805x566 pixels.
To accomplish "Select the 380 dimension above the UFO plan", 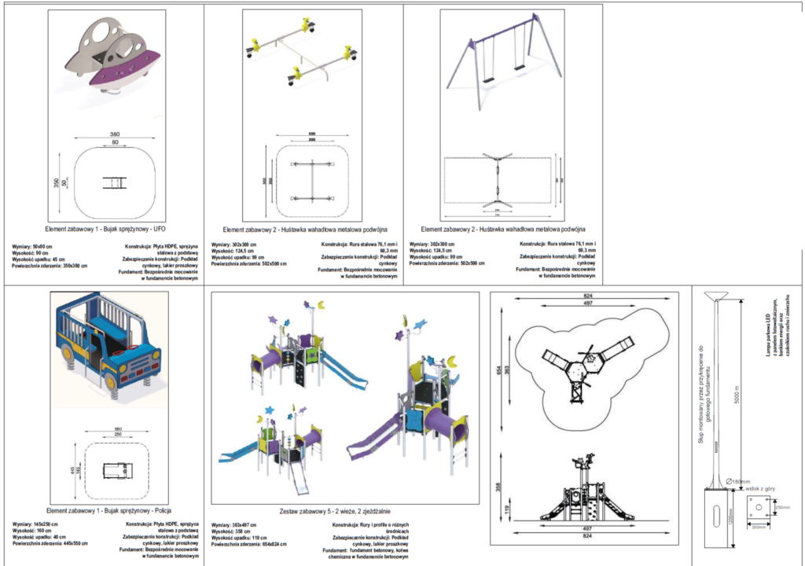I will (115, 134).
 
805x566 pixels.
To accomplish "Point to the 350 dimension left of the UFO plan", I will (57, 183).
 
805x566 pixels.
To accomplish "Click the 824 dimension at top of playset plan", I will (584, 295).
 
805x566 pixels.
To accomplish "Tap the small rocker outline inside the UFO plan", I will (115, 183).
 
